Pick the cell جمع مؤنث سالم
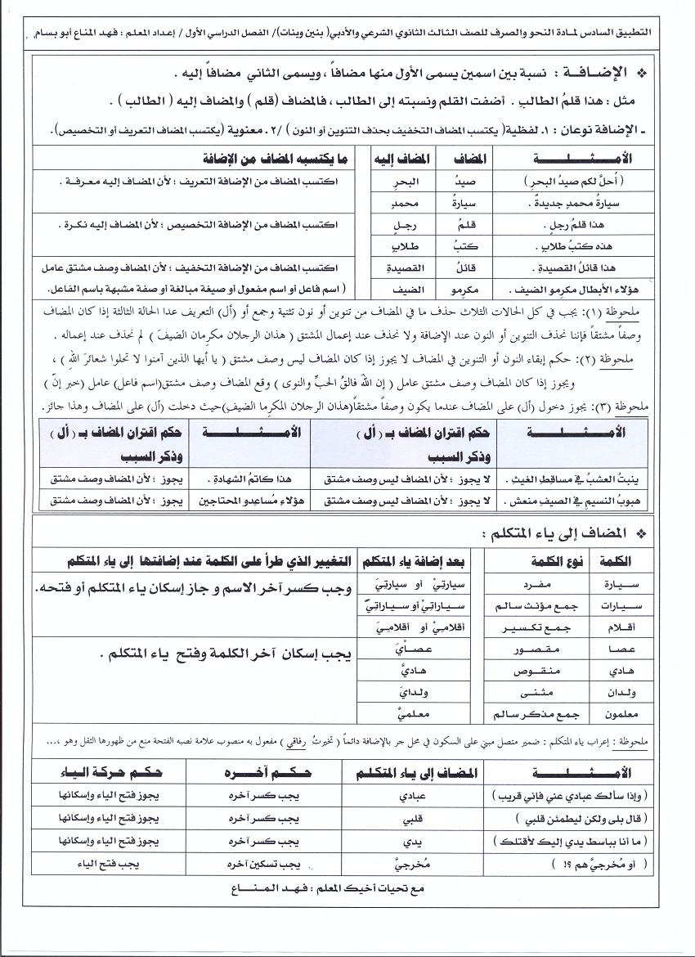tap(531, 607)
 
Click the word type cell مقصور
tap(532, 649)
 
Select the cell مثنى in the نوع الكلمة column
tap(532, 693)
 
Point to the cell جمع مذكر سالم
tap(531, 715)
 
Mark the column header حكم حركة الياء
tap(110, 772)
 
